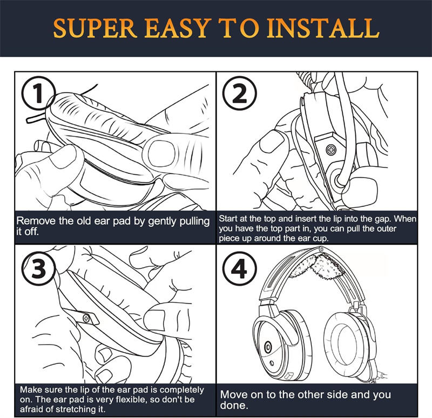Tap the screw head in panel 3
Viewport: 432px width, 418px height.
click(86, 319)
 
